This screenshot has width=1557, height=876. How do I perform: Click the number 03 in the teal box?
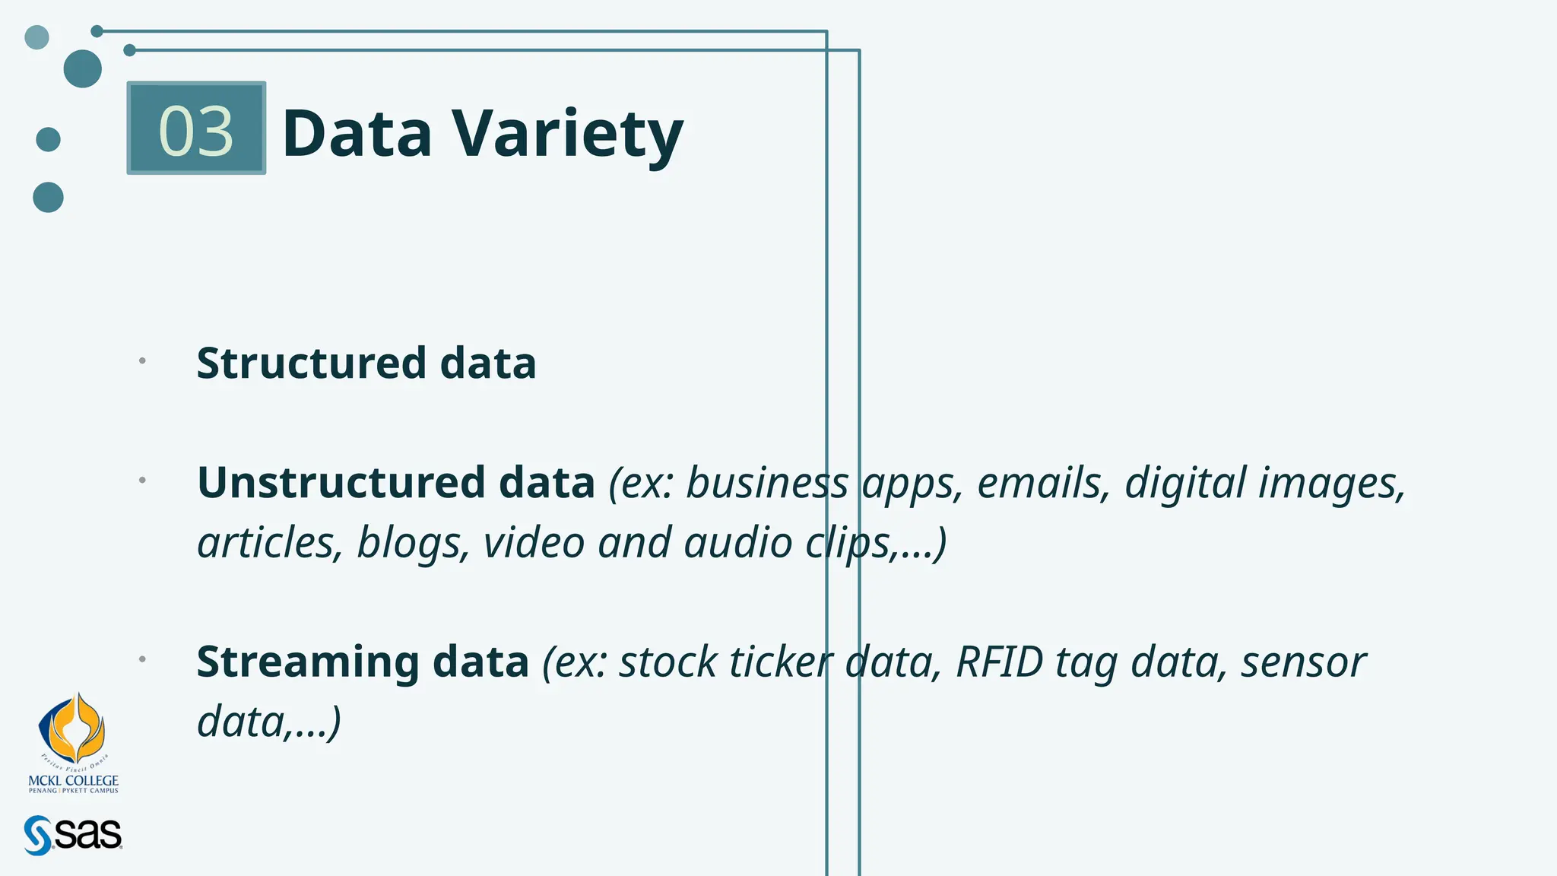click(195, 131)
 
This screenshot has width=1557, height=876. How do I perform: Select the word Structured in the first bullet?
click(311, 363)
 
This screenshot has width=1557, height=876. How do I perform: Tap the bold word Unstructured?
click(341, 482)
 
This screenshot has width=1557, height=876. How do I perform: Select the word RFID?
click(999, 662)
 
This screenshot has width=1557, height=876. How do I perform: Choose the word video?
click(534, 543)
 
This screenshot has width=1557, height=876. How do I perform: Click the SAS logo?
click(73, 835)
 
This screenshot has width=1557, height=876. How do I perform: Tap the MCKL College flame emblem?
click(72, 729)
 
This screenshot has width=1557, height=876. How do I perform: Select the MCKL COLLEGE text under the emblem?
click(73, 780)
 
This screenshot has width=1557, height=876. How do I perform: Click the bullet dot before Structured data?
click(142, 360)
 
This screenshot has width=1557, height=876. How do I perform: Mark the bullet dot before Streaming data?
click(142, 659)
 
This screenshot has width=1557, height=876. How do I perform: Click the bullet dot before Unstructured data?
click(142, 480)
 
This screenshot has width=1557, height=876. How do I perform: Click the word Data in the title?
click(357, 135)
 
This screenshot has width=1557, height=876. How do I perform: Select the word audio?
click(738, 543)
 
